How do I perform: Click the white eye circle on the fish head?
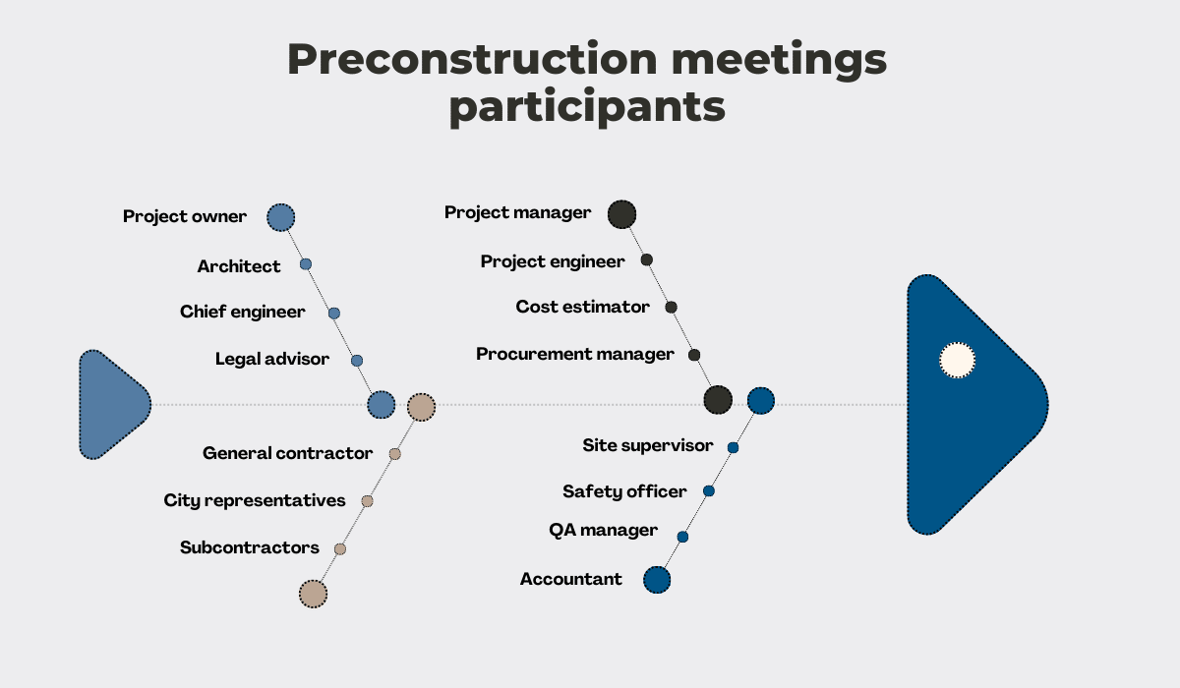coord(957,360)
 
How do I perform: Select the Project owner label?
coord(185,216)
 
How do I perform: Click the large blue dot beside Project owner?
coord(281,217)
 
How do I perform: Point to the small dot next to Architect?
coord(306,263)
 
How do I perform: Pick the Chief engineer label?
coord(242,312)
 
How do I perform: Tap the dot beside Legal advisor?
coord(357,361)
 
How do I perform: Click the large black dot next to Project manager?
coord(621,214)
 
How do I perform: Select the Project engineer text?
coord(553,261)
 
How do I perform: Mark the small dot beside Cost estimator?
coord(671,307)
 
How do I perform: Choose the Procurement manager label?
coord(574,354)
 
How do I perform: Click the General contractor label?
coord(287,453)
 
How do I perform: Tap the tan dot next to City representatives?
coord(367,501)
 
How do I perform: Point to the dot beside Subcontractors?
coord(340,549)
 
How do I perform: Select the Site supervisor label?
coord(648,445)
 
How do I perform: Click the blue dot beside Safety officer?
coord(709,491)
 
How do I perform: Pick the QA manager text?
coord(603,530)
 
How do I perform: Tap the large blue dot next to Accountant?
coord(657,580)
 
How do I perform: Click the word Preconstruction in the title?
coord(473,59)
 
